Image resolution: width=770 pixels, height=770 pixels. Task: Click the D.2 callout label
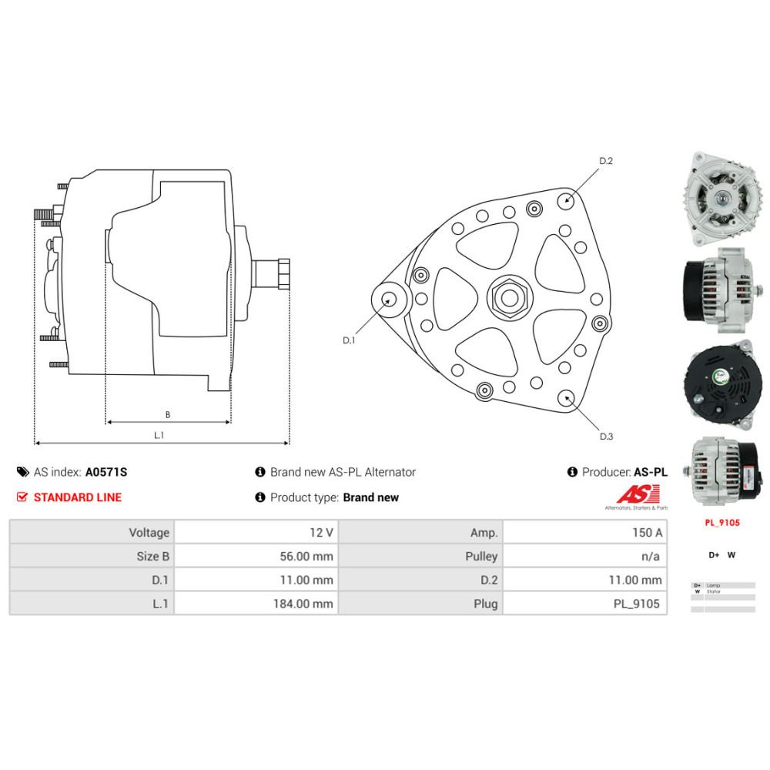pos(606,161)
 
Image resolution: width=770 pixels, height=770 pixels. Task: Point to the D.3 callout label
pos(607,437)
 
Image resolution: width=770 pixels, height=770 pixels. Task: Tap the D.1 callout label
pos(349,340)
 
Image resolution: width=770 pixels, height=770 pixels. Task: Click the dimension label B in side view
pos(167,415)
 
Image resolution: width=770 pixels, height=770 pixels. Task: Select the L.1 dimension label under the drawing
pos(159,436)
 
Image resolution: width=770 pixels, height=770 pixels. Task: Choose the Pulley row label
pos(481,556)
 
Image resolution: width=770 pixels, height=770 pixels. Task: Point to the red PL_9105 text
pos(722,523)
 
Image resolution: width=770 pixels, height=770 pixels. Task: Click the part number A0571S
pos(105,472)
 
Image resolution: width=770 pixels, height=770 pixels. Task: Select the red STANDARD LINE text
pos(77,497)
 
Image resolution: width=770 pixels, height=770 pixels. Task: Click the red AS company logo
pos(632,494)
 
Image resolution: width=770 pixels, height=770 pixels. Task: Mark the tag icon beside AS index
pos(22,472)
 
